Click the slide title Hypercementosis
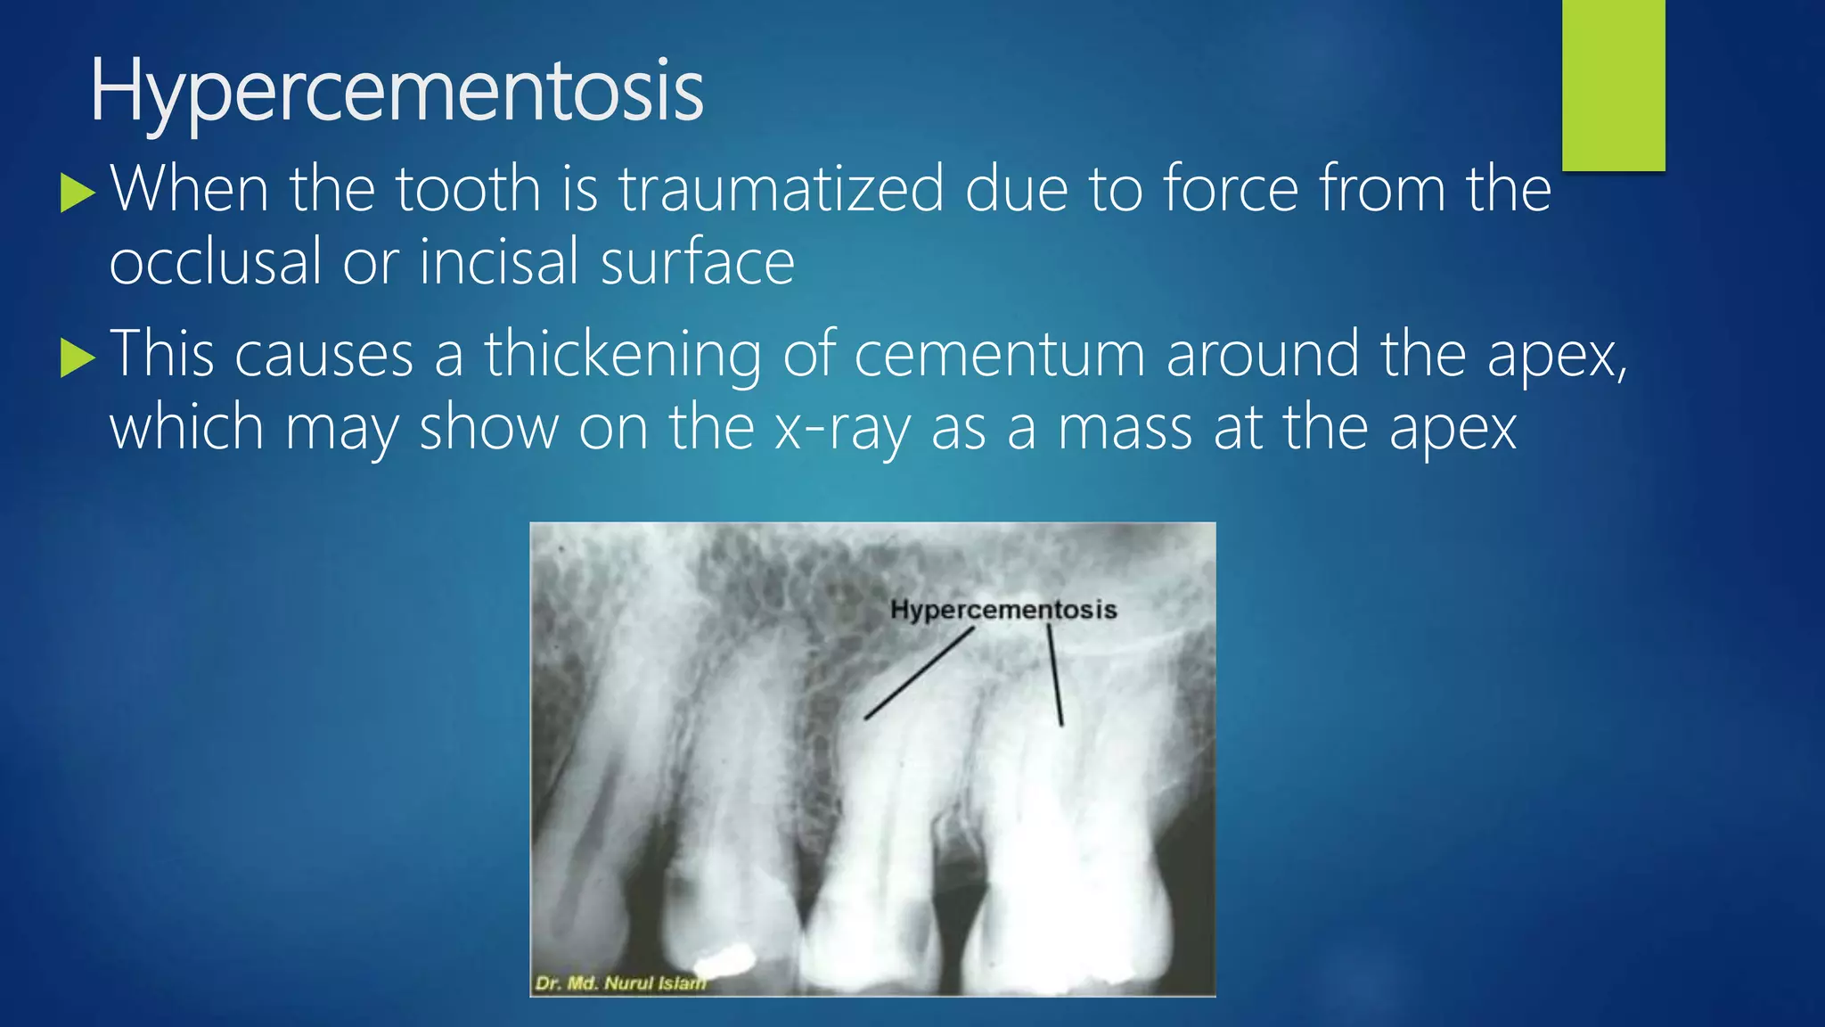point(397,91)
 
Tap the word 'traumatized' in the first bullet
point(781,189)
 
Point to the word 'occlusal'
point(215,262)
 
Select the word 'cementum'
point(999,354)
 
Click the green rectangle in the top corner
point(1613,85)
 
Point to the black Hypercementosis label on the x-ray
point(1003,610)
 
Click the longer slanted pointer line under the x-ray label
point(919,673)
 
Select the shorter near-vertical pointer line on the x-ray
point(1055,675)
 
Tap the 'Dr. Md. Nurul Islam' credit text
point(620,983)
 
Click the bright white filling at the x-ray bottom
point(725,961)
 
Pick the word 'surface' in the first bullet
point(697,262)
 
